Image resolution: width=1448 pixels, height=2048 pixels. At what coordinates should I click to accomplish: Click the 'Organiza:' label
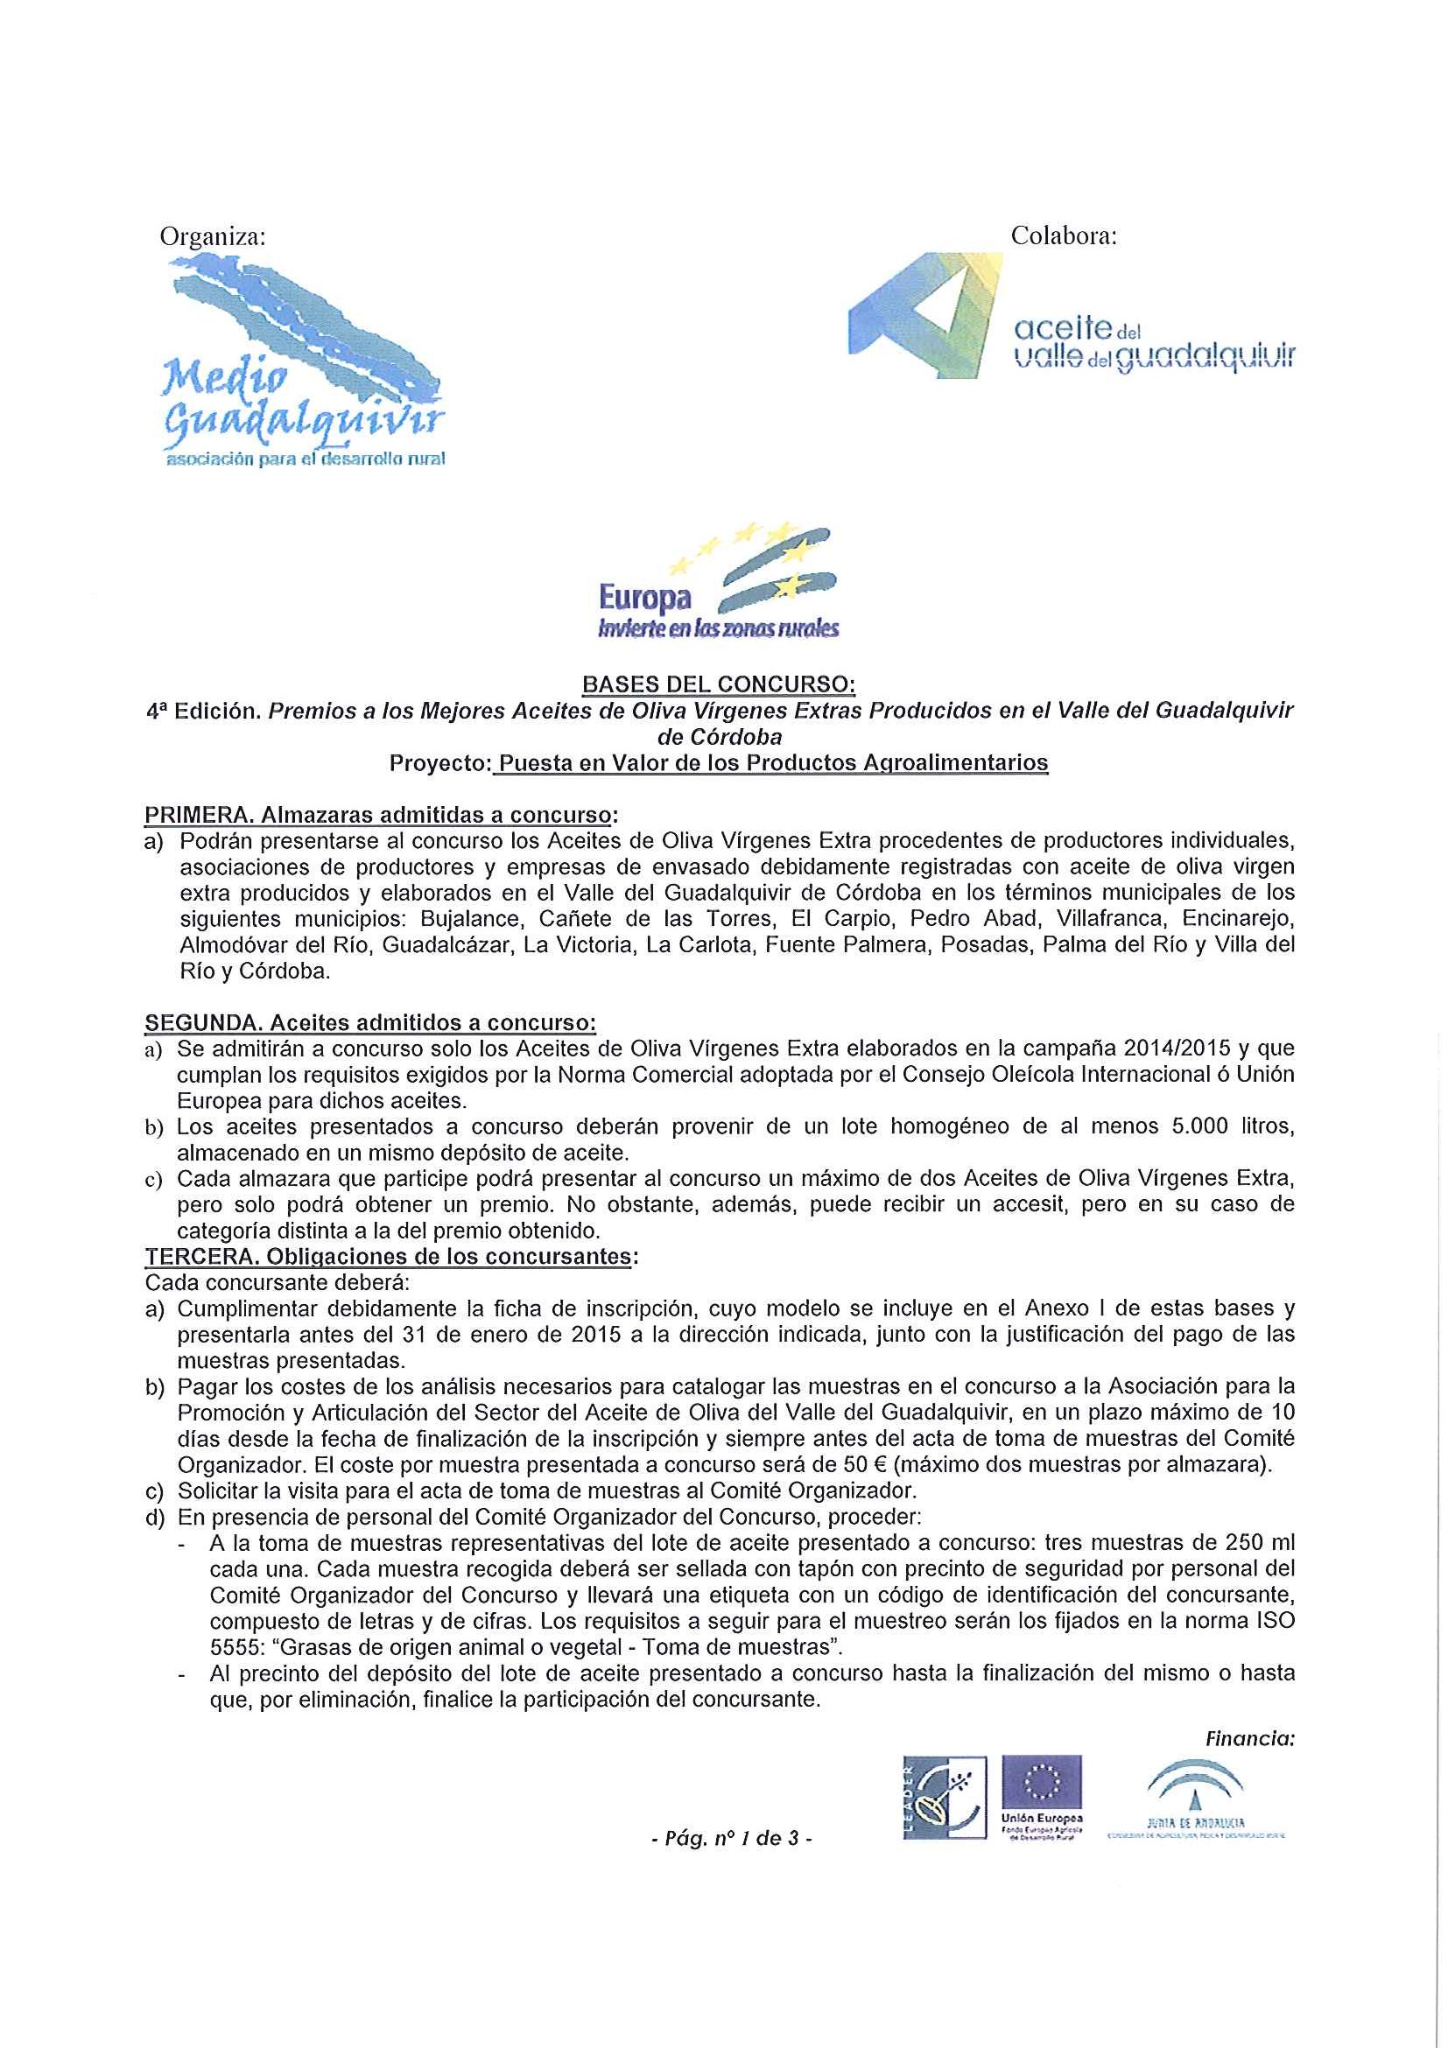point(213,236)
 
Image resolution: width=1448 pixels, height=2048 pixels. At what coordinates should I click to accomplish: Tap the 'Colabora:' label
point(1064,236)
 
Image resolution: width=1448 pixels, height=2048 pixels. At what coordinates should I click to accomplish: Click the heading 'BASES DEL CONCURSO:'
point(718,685)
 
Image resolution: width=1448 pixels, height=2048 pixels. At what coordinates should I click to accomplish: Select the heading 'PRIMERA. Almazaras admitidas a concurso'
point(381,816)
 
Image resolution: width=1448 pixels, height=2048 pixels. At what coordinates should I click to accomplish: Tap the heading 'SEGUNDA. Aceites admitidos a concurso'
point(370,1021)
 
